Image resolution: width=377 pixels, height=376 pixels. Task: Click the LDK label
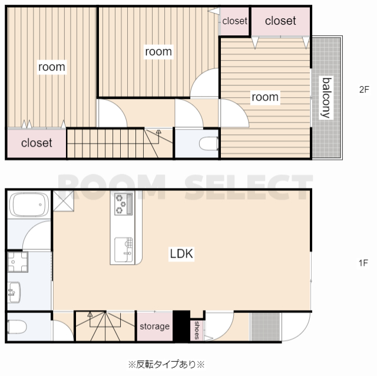[181, 254]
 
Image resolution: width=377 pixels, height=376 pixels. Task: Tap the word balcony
[326, 98]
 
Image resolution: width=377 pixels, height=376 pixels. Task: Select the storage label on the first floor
[154, 326]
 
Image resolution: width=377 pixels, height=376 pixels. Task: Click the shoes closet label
[197, 330]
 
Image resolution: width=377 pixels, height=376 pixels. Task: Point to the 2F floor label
[364, 90]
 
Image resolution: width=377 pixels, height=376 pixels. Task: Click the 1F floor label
[363, 263]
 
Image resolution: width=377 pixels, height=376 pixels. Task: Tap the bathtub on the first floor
[29, 205]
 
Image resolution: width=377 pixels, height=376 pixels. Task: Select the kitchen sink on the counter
[123, 250]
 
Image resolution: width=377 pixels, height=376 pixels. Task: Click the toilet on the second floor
[209, 144]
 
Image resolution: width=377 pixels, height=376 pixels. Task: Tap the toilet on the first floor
[16, 326]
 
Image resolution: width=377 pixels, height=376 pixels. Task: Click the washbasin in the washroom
[14, 292]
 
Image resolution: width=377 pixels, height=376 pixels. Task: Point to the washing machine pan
[17, 262]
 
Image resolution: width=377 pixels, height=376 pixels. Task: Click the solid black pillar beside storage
[181, 326]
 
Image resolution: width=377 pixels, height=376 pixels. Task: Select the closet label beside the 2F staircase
[37, 143]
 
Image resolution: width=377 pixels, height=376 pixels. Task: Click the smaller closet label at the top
[234, 21]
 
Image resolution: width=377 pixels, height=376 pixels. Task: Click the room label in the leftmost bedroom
[52, 67]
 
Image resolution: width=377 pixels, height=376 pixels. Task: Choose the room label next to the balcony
[265, 97]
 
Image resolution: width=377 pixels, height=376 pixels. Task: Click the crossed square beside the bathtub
[63, 201]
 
